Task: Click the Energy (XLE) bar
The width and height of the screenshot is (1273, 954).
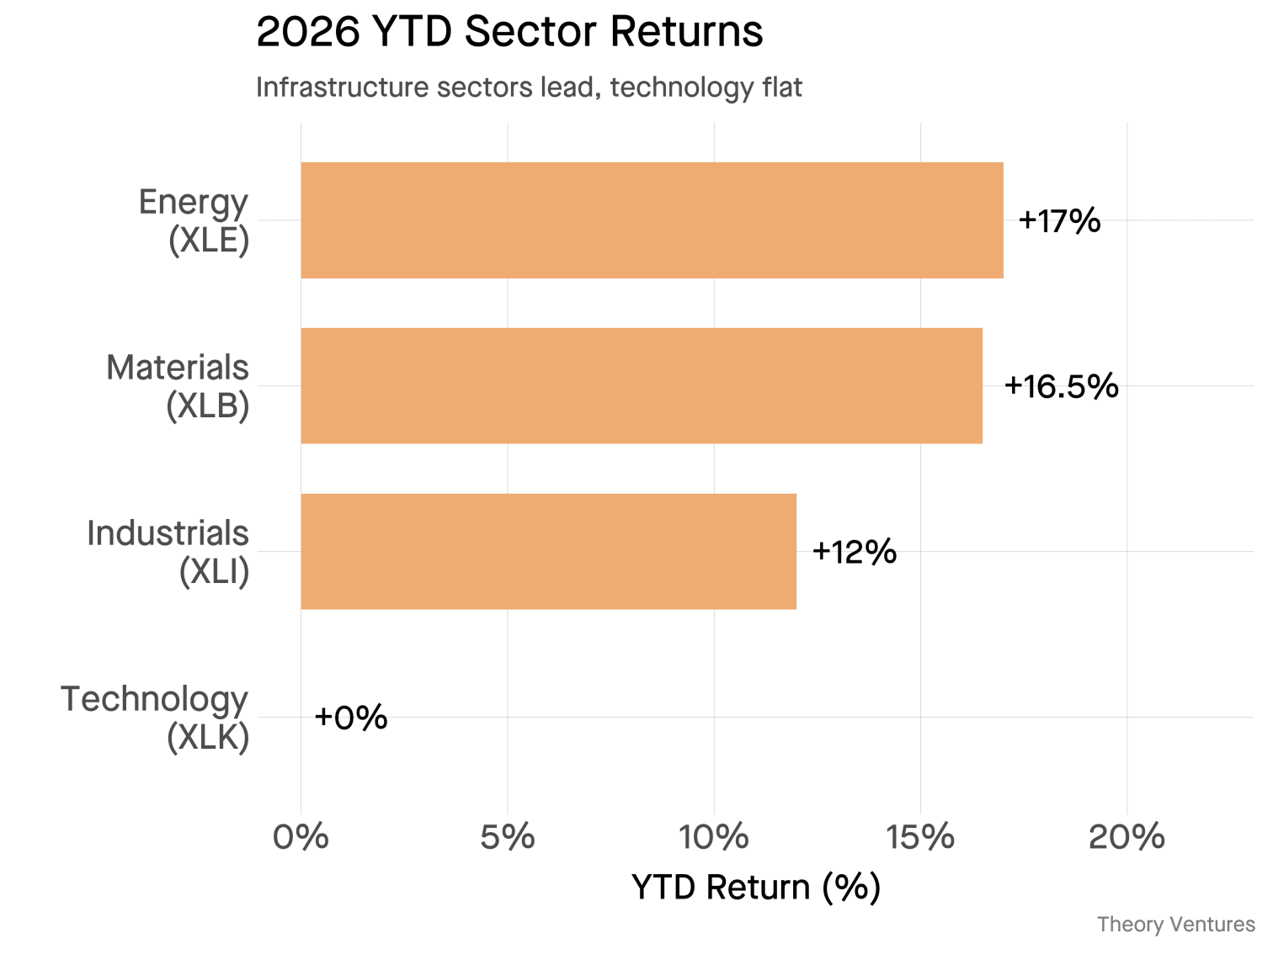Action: pos(652,220)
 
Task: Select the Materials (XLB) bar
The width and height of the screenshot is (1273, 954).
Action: pos(642,386)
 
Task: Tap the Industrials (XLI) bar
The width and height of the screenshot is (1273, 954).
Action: pos(548,552)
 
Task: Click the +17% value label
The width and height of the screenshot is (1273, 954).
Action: pos(1059,221)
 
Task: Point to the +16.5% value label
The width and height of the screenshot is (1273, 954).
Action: pos(1061,387)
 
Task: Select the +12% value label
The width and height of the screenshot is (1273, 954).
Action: pos(854,553)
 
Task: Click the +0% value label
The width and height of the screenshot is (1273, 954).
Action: pos(350,718)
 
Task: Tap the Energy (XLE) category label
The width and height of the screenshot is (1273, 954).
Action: pos(195,221)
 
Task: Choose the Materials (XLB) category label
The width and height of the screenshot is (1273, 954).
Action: pos(178,387)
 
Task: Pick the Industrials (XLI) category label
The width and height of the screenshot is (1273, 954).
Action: pos(169,553)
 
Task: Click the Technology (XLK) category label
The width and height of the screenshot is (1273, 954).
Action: pos(156,718)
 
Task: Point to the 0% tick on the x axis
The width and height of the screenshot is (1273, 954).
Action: pos(301,838)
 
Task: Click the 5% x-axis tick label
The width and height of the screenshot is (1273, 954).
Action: pos(507,838)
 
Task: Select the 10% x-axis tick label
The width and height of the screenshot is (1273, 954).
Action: pos(713,838)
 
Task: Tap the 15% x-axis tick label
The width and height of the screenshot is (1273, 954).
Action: pos(919,838)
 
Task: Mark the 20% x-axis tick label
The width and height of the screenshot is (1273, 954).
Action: pos(1126,838)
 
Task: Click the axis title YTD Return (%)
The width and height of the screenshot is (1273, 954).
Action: pos(755,888)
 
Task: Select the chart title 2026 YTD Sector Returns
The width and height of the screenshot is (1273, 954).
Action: pos(509,32)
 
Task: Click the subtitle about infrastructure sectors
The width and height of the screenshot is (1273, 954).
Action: pos(529,87)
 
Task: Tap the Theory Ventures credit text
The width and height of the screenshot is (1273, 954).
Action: pos(1175,925)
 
